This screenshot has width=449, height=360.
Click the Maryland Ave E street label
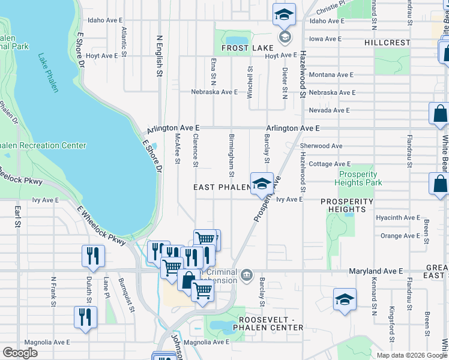point(376,272)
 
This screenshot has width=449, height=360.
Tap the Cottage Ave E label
point(330,164)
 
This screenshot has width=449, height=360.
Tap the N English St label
point(160,56)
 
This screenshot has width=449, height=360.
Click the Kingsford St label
point(391,320)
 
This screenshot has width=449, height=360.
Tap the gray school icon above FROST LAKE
point(285,37)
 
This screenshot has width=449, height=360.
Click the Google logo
point(20,353)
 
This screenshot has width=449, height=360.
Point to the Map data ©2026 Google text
point(411,355)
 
